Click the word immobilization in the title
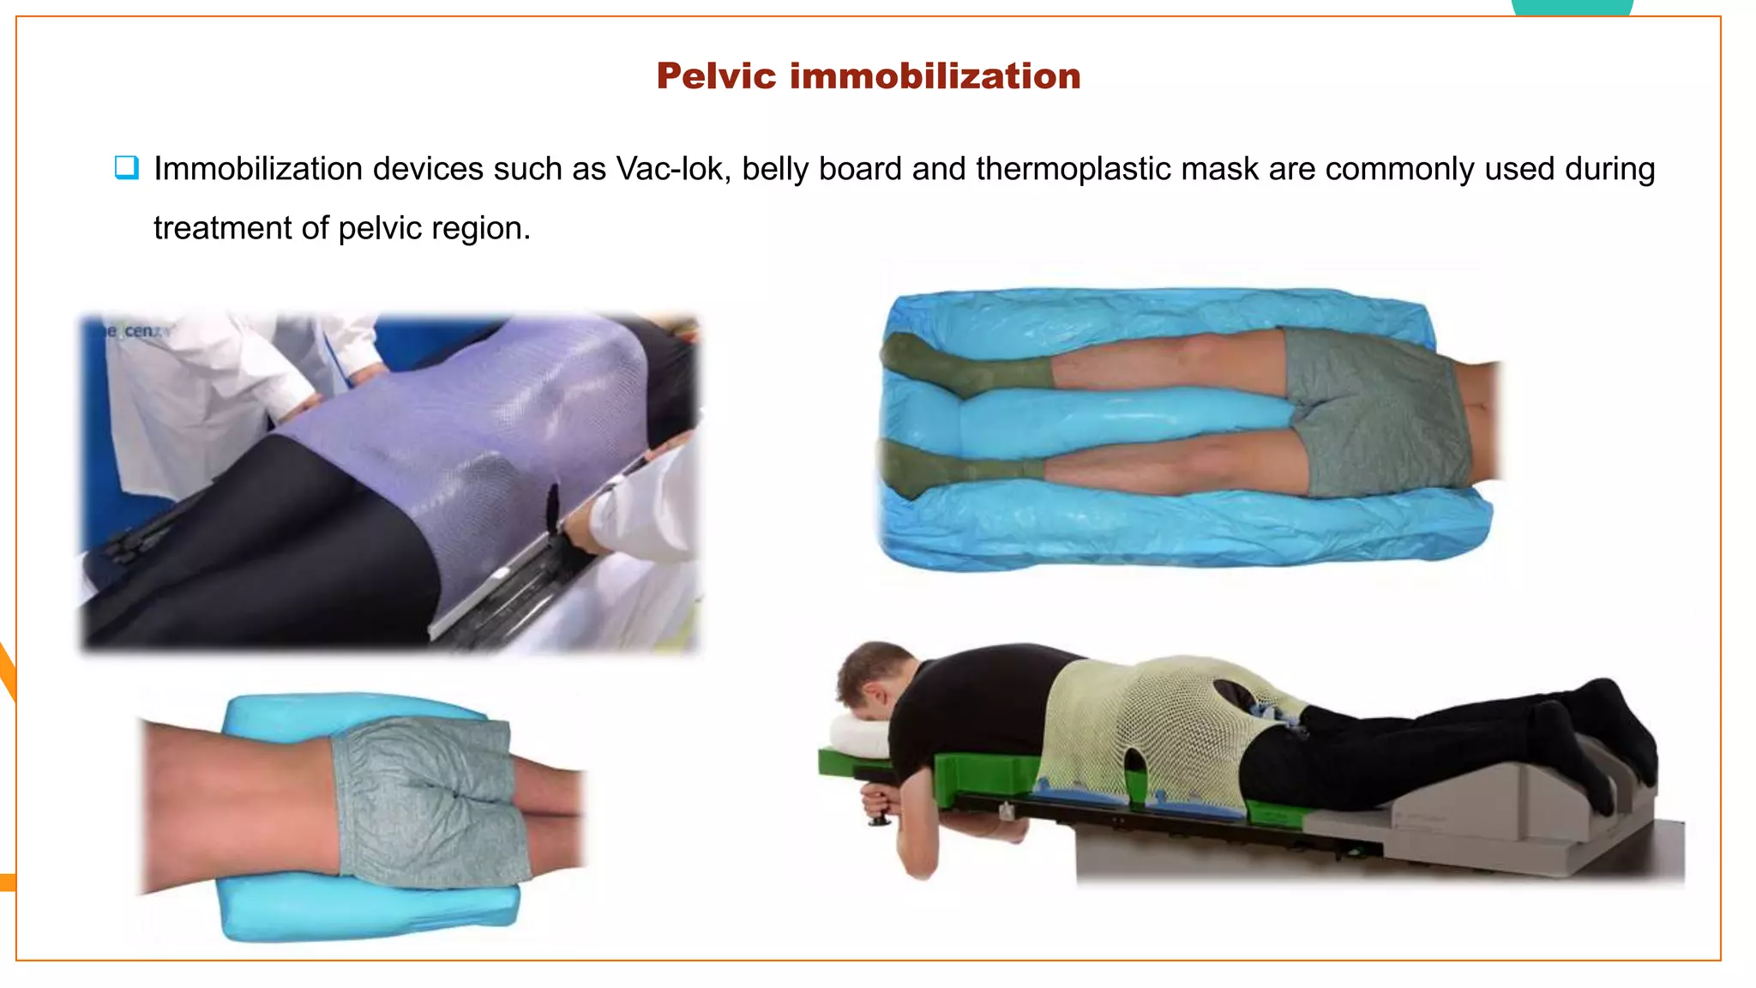click(935, 76)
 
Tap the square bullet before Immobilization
click(127, 167)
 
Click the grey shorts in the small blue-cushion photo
click(429, 802)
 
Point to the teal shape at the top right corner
click(1571, 8)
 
